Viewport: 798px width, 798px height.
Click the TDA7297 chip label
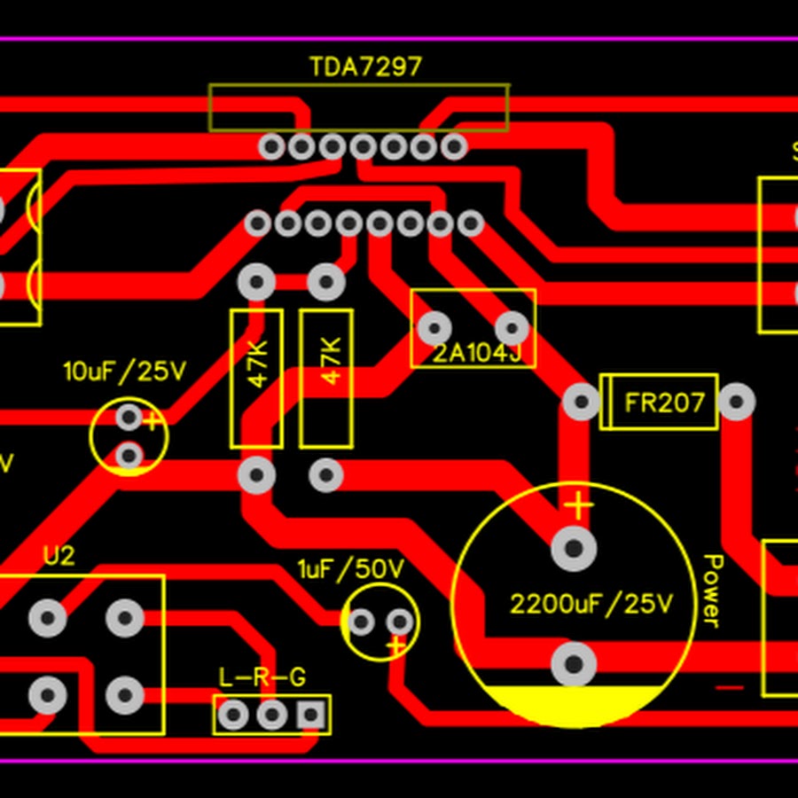(x=365, y=66)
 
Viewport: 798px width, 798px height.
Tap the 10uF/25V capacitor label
(x=124, y=372)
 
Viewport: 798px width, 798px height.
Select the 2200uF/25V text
(x=591, y=605)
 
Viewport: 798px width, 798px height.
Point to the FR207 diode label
(x=664, y=403)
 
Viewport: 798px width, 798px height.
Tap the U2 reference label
(x=59, y=557)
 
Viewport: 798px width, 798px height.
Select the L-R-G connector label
(x=262, y=678)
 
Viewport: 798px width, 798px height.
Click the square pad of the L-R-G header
(x=310, y=714)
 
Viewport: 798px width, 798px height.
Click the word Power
(x=713, y=591)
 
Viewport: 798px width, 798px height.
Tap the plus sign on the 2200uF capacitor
(x=578, y=506)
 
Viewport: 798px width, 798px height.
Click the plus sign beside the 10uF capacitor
(x=153, y=420)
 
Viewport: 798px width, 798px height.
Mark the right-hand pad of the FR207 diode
(x=736, y=403)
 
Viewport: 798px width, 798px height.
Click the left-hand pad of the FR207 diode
(x=582, y=403)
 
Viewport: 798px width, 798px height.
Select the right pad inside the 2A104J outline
(x=512, y=328)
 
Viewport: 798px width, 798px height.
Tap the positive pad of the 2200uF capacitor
(x=574, y=549)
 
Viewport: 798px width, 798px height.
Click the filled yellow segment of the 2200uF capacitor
(x=573, y=705)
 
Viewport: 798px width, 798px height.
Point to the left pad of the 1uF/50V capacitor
(x=360, y=622)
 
